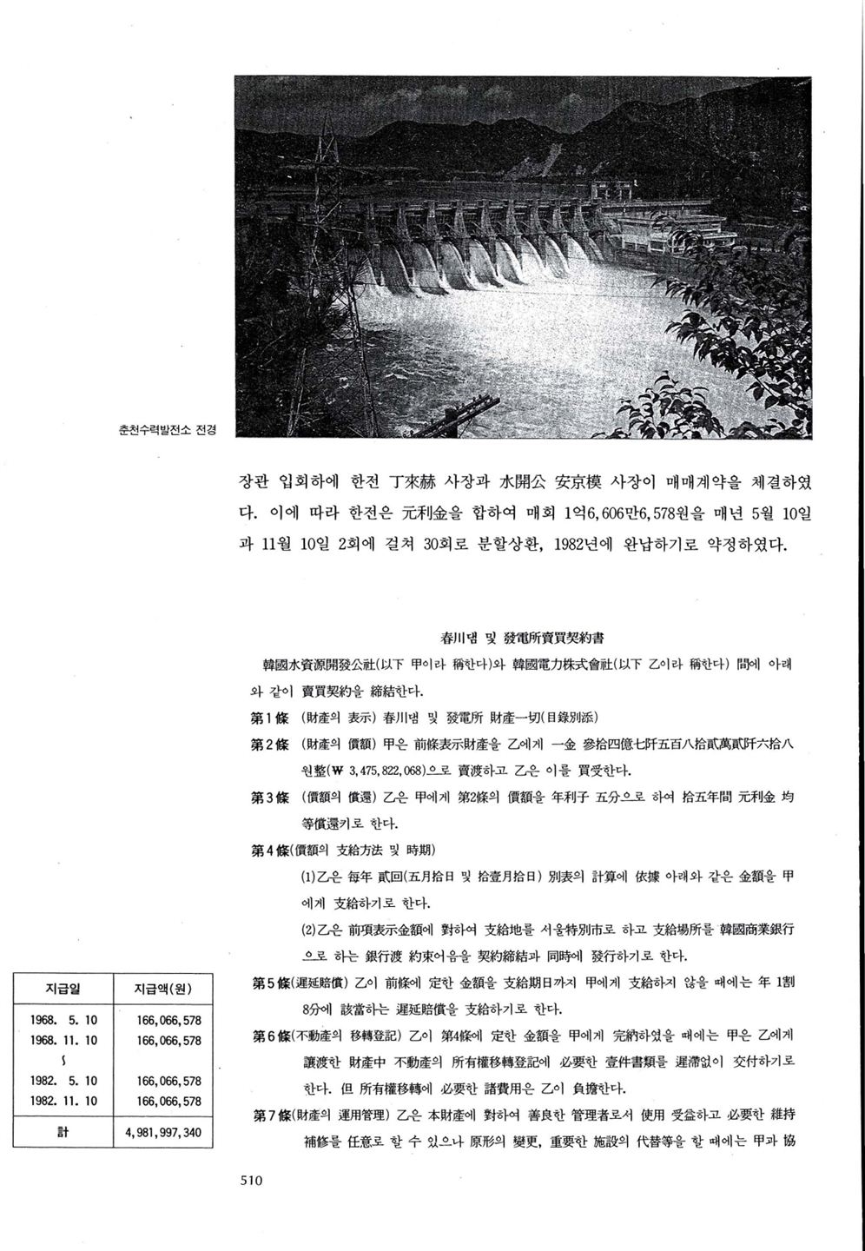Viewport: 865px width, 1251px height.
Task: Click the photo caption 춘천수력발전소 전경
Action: (x=166, y=428)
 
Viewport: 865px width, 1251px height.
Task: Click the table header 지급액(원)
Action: (x=163, y=988)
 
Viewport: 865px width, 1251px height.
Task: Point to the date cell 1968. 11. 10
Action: (x=63, y=1040)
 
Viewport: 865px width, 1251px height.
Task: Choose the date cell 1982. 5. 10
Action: (x=63, y=1082)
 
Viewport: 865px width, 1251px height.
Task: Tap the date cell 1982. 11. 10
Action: (x=63, y=1101)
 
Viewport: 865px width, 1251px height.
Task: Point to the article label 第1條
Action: (x=269, y=718)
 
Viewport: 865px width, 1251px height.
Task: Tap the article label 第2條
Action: (x=269, y=745)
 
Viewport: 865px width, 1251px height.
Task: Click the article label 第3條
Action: (x=269, y=798)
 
